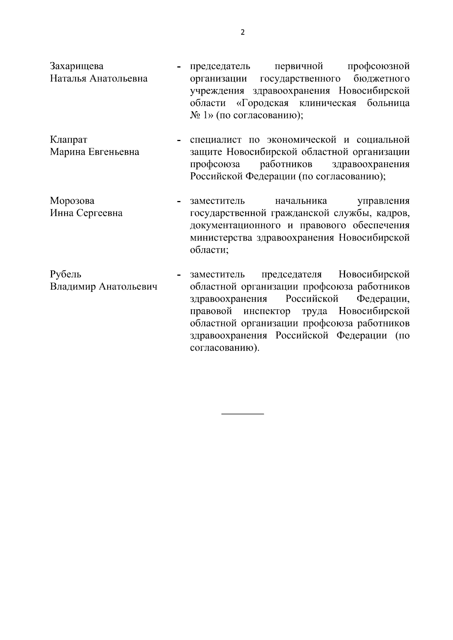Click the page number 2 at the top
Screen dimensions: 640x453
click(x=242, y=32)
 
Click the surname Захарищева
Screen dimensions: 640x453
click(x=77, y=66)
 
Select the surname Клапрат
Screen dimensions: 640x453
click(x=69, y=140)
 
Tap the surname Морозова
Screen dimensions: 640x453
click(x=72, y=201)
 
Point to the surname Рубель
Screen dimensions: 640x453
click(x=66, y=275)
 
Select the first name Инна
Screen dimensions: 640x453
click(x=62, y=213)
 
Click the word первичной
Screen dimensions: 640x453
click(x=299, y=66)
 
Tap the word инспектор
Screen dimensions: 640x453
click(x=267, y=312)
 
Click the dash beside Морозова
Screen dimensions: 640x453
click(x=178, y=202)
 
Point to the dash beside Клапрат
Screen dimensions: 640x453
click(x=178, y=141)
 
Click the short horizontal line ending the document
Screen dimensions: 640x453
click(x=242, y=414)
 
